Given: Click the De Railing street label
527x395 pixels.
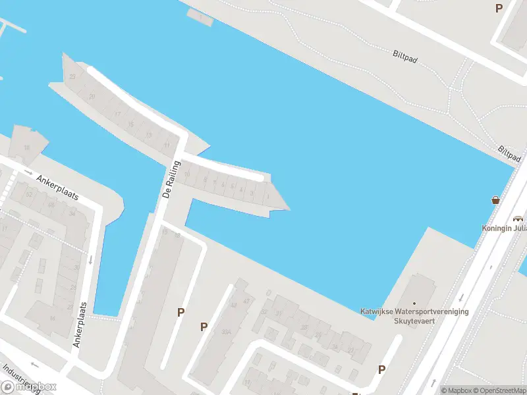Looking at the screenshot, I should (x=169, y=179).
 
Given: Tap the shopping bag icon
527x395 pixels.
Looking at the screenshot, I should (x=495, y=200).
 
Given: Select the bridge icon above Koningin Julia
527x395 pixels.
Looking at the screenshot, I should (x=518, y=219).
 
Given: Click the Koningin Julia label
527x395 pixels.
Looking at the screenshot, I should (x=504, y=228).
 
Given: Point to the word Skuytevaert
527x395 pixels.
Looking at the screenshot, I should (x=414, y=322).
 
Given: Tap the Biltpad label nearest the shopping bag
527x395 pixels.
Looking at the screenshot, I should (x=510, y=155).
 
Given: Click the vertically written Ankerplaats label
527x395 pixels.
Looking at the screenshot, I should (x=80, y=325).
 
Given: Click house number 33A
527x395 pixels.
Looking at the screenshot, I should (x=226, y=332).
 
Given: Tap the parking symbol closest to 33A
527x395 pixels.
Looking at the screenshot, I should (x=204, y=327).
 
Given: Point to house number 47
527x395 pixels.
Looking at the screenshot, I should (x=246, y=302).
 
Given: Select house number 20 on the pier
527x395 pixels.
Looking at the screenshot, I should (x=92, y=97).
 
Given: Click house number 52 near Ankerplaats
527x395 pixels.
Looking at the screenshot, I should (x=29, y=194).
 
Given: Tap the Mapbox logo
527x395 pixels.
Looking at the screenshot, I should (x=29, y=387).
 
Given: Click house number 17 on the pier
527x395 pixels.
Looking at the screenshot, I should (x=117, y=114).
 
